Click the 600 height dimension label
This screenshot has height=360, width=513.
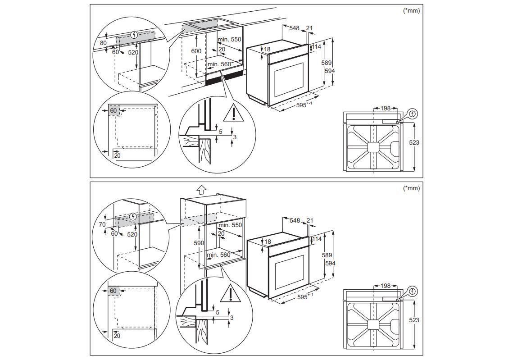tap(196, 51)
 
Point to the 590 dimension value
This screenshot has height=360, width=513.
tap(199, 243)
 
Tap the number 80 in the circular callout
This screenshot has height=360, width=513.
tap(104, 43)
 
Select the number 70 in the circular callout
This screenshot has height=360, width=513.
tap(102, 224)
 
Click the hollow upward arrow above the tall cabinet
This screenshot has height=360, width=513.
tap(201, 189)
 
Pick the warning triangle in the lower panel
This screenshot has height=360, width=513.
tap(230, 294)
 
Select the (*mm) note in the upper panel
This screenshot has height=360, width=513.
tap(411, 11)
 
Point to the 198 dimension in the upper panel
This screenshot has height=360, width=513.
tap(385, 109)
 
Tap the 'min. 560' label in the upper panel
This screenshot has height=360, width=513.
tap(219, 64)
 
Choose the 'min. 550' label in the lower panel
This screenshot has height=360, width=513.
tap(230, 225)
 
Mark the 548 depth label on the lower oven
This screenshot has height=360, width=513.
tap(295, 220)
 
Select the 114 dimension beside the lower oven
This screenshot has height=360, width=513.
tap(317, 239)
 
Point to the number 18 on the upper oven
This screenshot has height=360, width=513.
tap(267, 49)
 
